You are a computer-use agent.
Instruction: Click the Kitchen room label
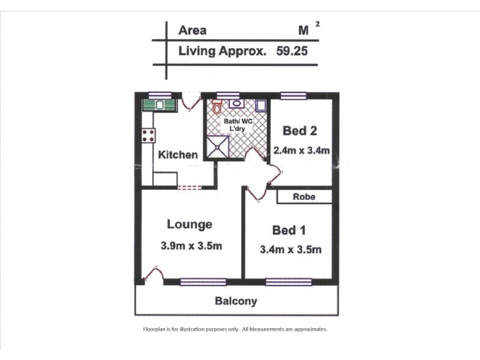[x=178, y=155]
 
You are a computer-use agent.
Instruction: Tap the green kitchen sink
[x=158, y=106]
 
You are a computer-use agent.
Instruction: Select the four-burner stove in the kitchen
[x=148, y=136]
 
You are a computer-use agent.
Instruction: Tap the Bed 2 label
[x=301, y=131]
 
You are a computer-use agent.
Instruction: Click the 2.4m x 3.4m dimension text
[x=301, y=150]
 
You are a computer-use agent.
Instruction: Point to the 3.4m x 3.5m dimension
[x=292, y=250]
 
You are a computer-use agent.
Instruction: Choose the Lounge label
[x=190, y=225]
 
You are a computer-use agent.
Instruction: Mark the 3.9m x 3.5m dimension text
[x=192, y=245]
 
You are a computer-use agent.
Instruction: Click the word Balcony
[x=236, y=301]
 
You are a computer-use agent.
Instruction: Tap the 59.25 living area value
[x=292, y=52]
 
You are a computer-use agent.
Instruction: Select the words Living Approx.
[x=222, y=52]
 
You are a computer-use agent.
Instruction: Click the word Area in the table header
[x=192, y=31]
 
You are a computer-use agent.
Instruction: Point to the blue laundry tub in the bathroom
[x=261, y=106]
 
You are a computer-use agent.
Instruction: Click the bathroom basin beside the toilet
[x=236, y=103]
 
